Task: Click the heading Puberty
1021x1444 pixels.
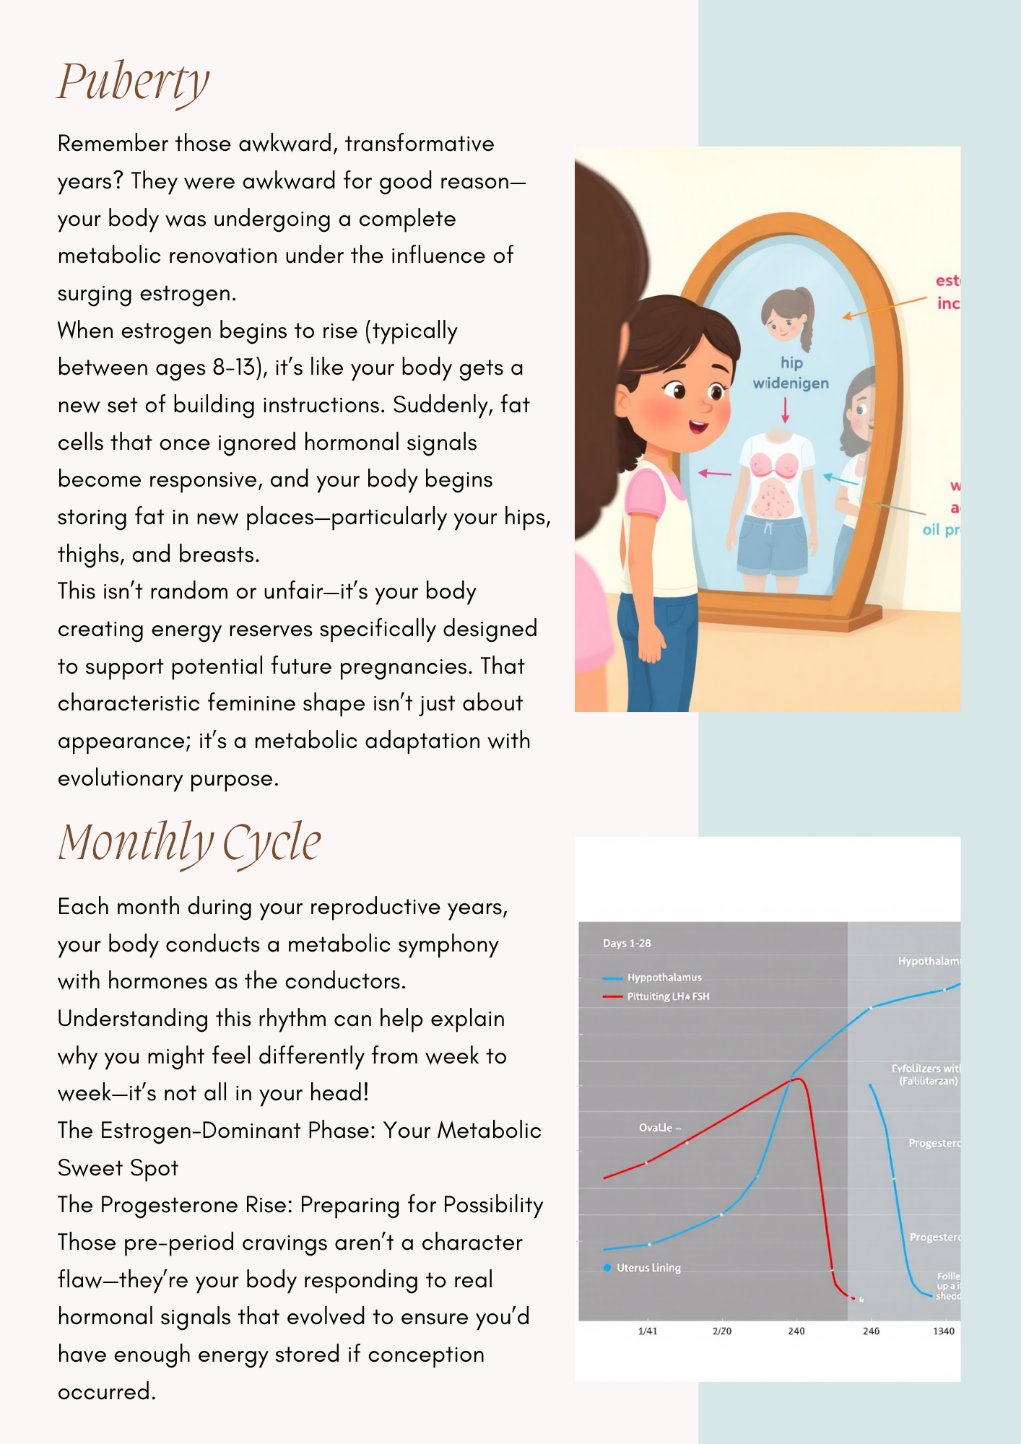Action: point(134,82)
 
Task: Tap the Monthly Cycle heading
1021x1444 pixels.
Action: point(189,843)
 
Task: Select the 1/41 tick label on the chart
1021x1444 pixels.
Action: point(648,1331)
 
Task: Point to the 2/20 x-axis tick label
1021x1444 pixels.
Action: point(722,1331)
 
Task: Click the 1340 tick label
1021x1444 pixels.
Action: point(943,1331)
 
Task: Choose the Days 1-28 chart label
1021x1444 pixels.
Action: point(627,943)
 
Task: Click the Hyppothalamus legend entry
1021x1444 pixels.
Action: point(664,978)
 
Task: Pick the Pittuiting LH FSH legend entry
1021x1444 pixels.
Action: point(667,996)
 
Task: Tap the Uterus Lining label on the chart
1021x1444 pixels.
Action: point(648,1268)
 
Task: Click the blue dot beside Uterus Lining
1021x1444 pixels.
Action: point(607,1268)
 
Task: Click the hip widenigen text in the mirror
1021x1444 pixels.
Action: point(791,373)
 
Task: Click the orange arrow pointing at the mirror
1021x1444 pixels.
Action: point(885,308)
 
